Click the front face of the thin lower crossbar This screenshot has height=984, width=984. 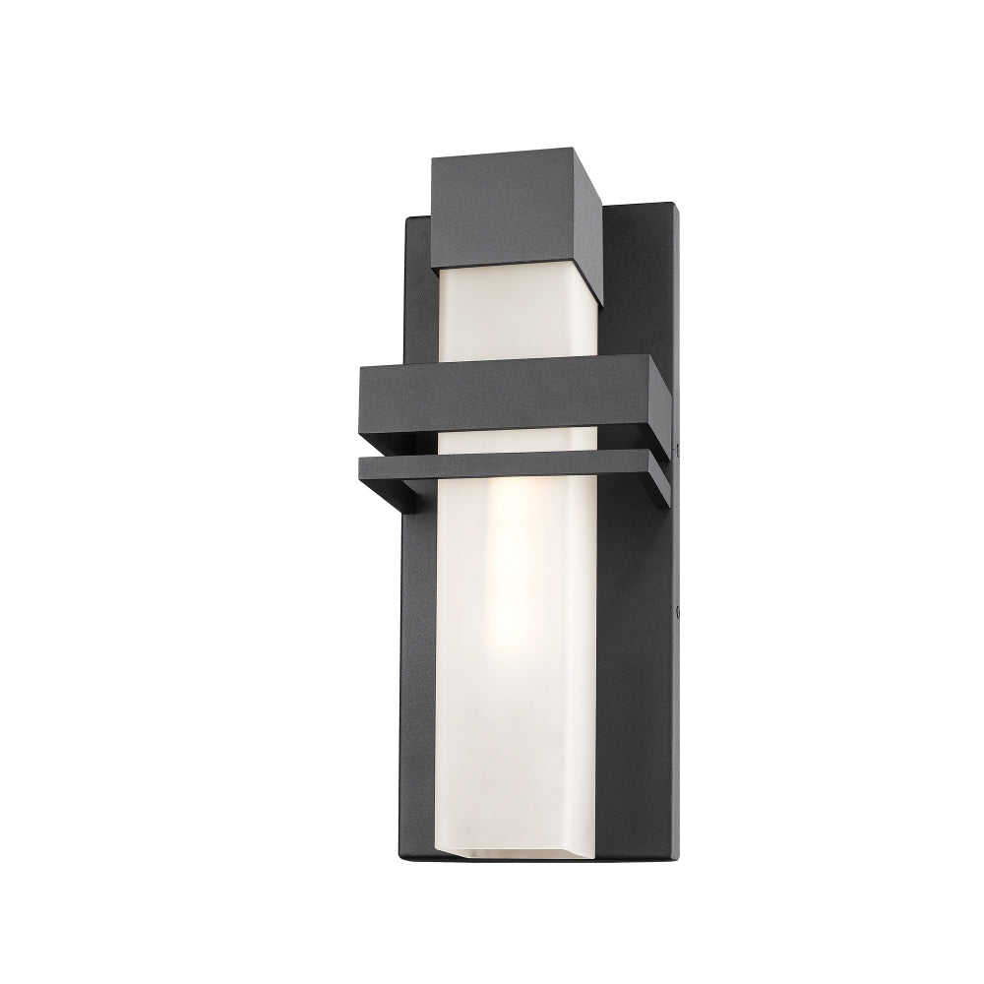[x=502, y=471]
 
